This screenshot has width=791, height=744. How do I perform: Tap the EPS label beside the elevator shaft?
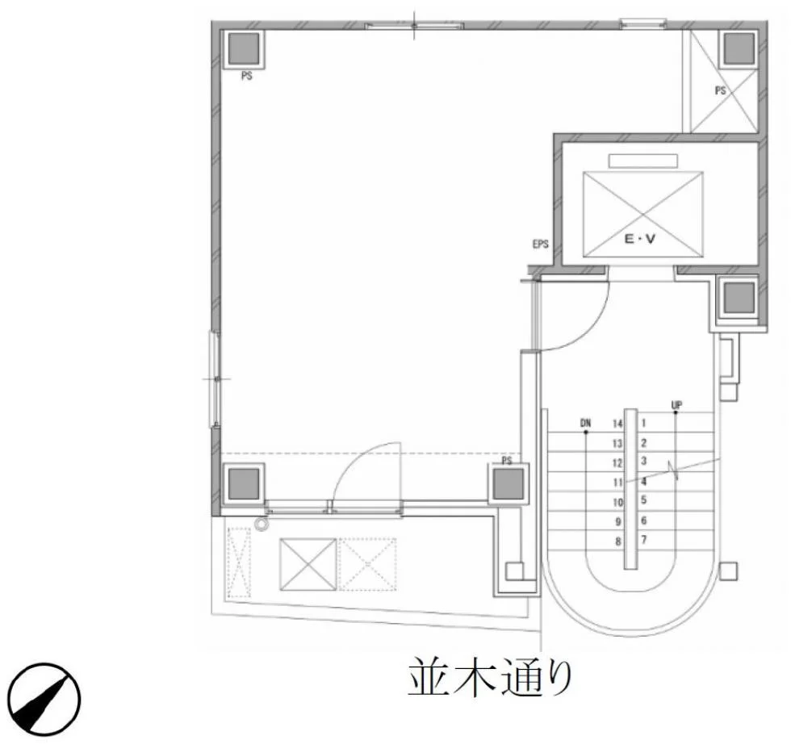point(540,245)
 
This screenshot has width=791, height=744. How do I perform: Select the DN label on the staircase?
point(585,423)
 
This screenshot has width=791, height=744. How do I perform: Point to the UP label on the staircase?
point(676,404)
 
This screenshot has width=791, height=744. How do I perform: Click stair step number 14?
point(617,424)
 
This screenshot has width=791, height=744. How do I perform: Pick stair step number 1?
point(643,423)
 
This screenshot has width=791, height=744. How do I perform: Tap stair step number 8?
point(618,541)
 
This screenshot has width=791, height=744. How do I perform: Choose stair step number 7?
point(644,540)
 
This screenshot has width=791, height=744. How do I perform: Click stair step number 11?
point(618,483)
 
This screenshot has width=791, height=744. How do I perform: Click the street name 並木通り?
point(490,677)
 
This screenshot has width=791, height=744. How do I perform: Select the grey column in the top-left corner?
point(244,49)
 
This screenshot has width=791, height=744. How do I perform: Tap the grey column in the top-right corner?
point(739,49)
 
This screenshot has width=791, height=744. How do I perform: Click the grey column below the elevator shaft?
point(739,297)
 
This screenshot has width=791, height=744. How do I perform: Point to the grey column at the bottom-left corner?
point(244,483)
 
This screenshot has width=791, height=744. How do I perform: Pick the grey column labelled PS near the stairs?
point(508,483)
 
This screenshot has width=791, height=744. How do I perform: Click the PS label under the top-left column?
point(247,76)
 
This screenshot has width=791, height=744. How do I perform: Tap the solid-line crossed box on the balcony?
point(308,564)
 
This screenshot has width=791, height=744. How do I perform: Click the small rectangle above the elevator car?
point(643,161)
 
